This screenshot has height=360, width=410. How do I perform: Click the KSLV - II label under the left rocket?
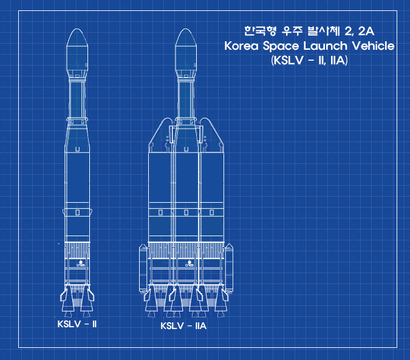pyautogui.click(x=77, y=324)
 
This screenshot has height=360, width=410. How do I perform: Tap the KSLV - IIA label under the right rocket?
pyautogui.click(x=183, y=326)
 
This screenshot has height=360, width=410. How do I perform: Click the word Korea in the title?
pyautogui.click(x=241, y=46)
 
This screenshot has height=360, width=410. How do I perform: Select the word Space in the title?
pyautogui.click(x=281, y=47)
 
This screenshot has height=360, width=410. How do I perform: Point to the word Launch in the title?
pyautogui.click(x=326, y=46)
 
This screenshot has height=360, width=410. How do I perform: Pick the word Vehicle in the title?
pyautogui.click(x=373, y=46)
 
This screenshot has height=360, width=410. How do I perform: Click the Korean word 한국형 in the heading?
pyautogui.click(x=261, y=31)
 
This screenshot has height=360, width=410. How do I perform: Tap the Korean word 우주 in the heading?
pyautogui.click(x=292, y=31)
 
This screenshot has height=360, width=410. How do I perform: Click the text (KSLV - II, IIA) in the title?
pyautogui.click(x=309, y=60)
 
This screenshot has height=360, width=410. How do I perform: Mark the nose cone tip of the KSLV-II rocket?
pyautogui.click(x=77, y=29)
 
